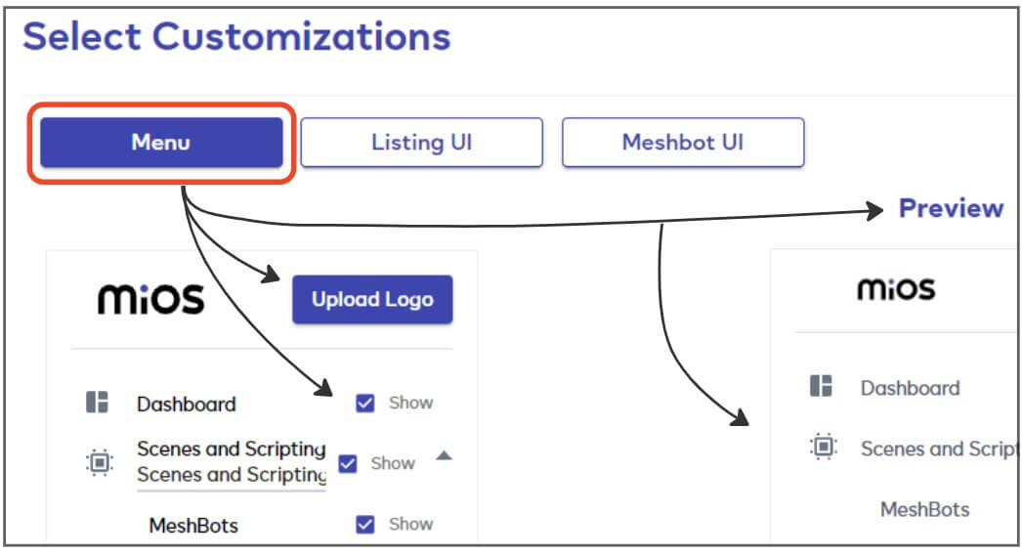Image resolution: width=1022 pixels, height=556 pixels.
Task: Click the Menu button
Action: point(161,142)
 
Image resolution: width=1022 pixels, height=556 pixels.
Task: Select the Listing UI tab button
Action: point(422,142)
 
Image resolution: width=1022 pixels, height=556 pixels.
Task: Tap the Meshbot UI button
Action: point(683,142)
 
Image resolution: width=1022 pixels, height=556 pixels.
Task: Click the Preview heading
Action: point(951,208)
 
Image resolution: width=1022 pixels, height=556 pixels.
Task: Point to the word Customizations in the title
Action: point(301,36)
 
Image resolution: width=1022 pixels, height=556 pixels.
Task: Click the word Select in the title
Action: point(82,36)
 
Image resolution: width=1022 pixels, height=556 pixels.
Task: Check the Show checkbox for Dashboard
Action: point(365,404)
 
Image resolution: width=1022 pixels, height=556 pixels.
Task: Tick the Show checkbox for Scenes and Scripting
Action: point(348,463)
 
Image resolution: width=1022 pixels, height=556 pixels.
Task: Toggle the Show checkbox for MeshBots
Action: point(365,524)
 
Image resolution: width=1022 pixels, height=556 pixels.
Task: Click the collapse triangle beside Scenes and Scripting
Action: point(444,455)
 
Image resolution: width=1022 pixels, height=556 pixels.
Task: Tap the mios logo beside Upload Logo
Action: point(151,299)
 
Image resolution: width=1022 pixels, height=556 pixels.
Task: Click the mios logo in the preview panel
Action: point(896,289)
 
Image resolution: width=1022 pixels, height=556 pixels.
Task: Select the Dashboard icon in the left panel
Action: point(97,403)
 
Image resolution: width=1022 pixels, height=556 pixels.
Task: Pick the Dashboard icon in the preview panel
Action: point(822,386)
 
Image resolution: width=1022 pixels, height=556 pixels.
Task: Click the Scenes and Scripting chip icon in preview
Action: point(824,447)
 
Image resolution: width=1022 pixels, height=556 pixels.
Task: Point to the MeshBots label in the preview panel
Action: point(925,509)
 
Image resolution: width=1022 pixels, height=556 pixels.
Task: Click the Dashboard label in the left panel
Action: point(187,405)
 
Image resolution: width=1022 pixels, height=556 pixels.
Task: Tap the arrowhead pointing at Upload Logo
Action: point(272,275)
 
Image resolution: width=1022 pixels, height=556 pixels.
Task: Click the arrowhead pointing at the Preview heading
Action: point(873,210)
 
